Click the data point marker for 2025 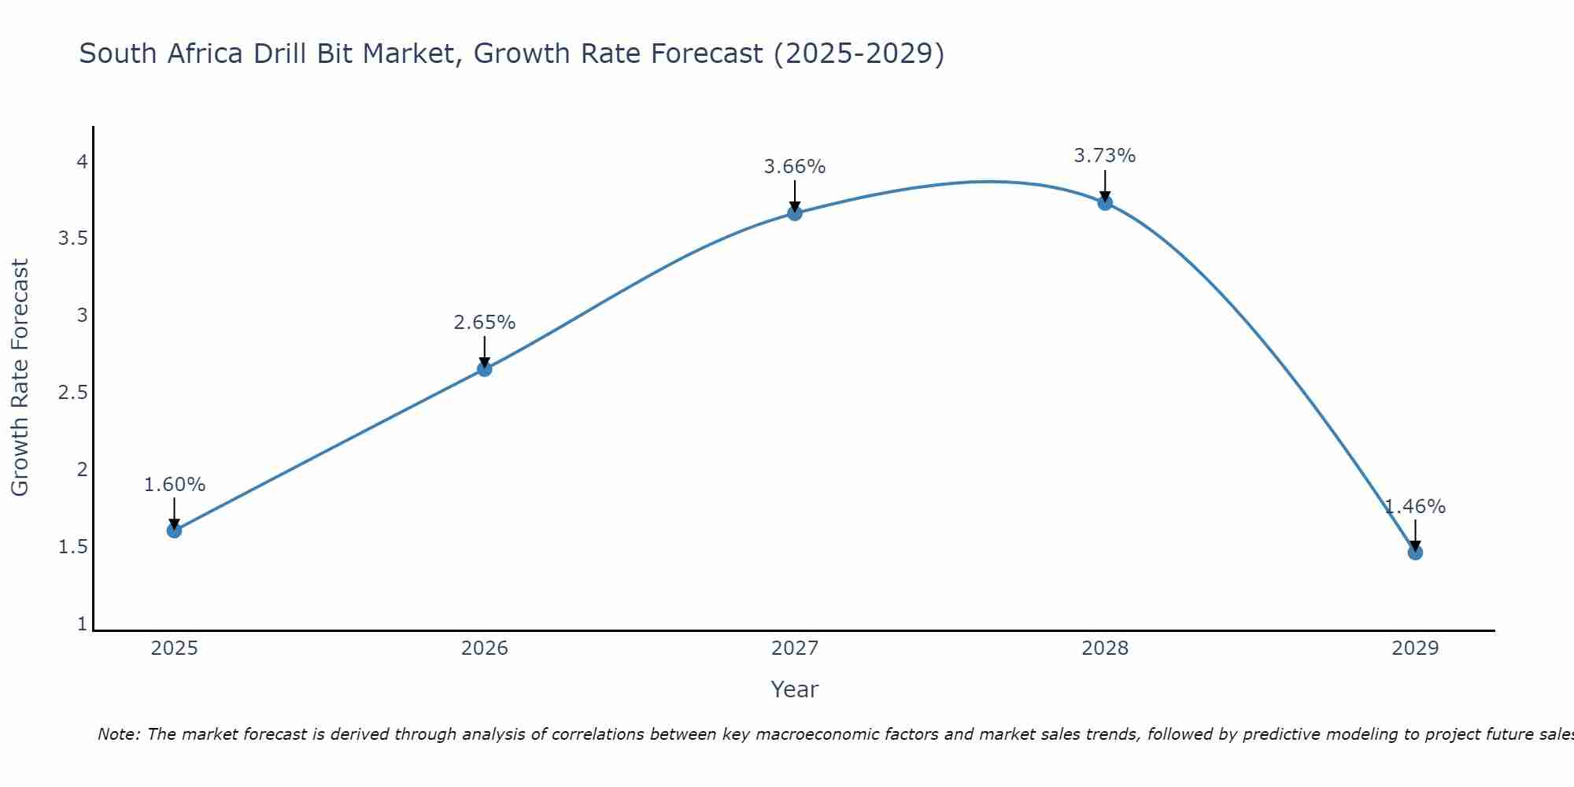(x=174, y=530)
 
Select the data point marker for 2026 (x=484, y=368)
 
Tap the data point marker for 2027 (x=795, y=212)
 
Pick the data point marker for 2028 (x=1105, y=202)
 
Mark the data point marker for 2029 (x=1415, y=552)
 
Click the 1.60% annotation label (x=174, y=485)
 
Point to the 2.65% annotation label (x=484, y=323)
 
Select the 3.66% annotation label (x=795, y=167)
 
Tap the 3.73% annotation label (x=1105, y=156)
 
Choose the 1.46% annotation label (x=1415, y=507)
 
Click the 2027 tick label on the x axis (x=795, y=648)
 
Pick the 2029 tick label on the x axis (x=1415, y=648)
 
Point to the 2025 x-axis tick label (x=174, y=648)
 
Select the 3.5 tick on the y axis (x=72, y=238)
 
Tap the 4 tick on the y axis (x=81, y=162)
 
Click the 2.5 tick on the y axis (x=72, y=393)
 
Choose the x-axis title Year (x=795, y=689)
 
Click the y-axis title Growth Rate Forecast (x=20, y=378)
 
